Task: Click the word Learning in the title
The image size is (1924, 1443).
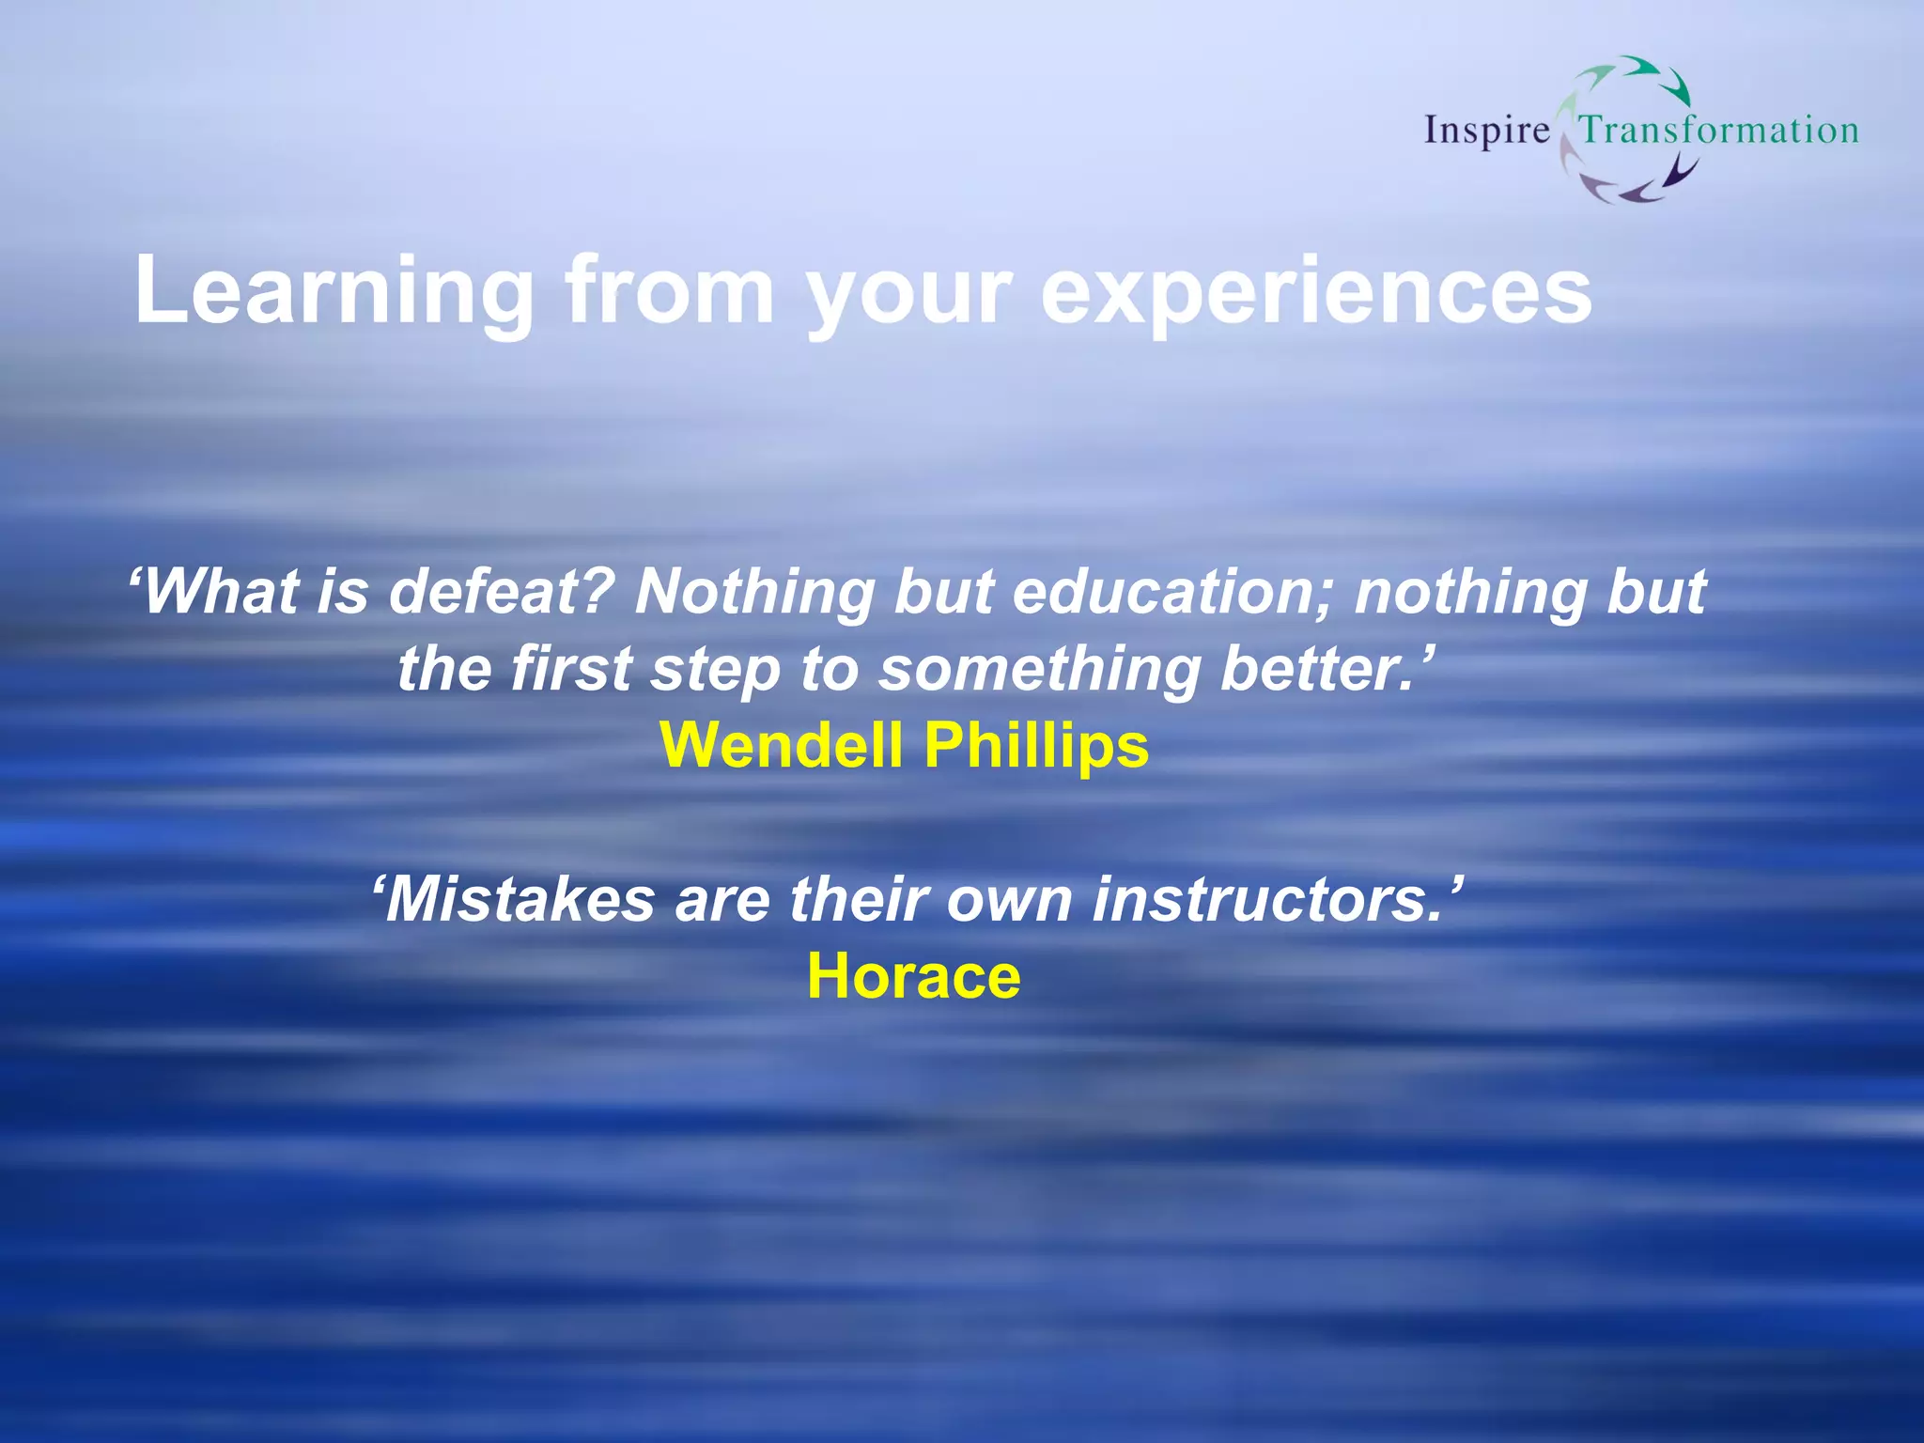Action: [334, 291]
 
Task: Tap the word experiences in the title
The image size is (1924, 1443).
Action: [1315, 291]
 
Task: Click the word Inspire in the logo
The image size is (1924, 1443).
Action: [1486, 131]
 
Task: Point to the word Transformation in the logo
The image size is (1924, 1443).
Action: [1718, 130]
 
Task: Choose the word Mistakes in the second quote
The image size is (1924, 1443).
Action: [517, 899]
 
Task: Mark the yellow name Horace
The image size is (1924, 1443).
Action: [913, 976]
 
